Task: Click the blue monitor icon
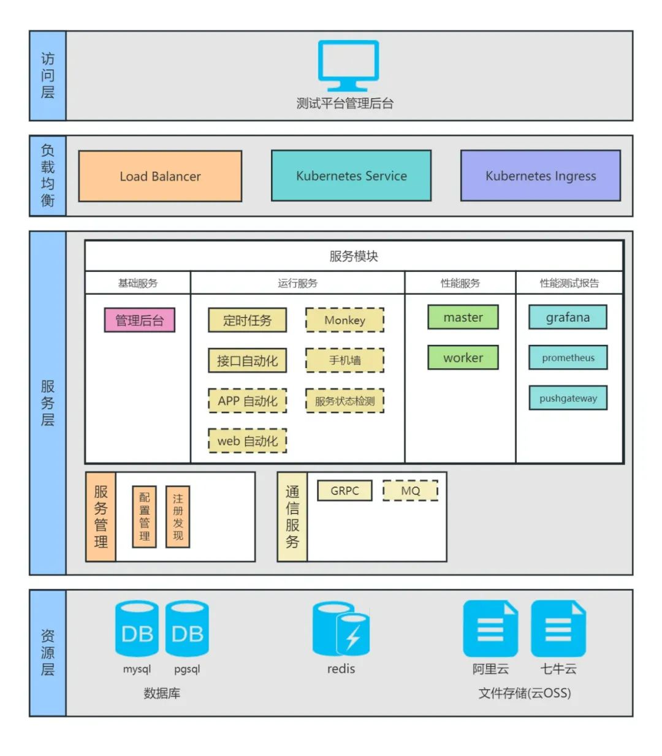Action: pyautogui.click(x=348, y=66)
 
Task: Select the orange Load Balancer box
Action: pyautogui.click(x=160, y=176)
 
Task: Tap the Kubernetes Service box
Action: pyautogui.click(x=351, y=176)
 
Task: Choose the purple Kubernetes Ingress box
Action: pyautogui.click(x=540, y=176)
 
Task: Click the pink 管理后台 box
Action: pyautogui.click(x=140, y=320)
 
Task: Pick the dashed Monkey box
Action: pyautogui.click(x=344, y=320)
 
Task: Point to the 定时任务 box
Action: pyautogui.click(x=247, y=320)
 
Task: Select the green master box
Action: pyautogui.click(x=463, y=317)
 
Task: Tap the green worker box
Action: pyautogui.click(x=463, y=358)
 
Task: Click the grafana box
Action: pyautogui.click(x=568, y=317)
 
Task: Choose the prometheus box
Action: pyautogui.click(x=568, y=358)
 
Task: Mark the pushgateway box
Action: pyautogui.click(x=568, y=398)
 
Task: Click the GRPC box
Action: pyautogui.click(x=344, y=491)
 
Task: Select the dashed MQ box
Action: pyautogui.click(x=410, y=491)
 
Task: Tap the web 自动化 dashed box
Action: pyautogui.click(x=247, y=441)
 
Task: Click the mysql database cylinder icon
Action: pyautogui.click(x=137, y=629)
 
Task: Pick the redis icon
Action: pyautogui.click(x=341, y=629)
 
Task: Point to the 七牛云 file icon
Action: pyautogui.click(x=558, y=629)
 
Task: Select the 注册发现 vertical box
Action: pyautogui.click(x=178, y=517)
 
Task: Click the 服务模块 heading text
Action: pyautogui.click(x=354, y=256)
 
